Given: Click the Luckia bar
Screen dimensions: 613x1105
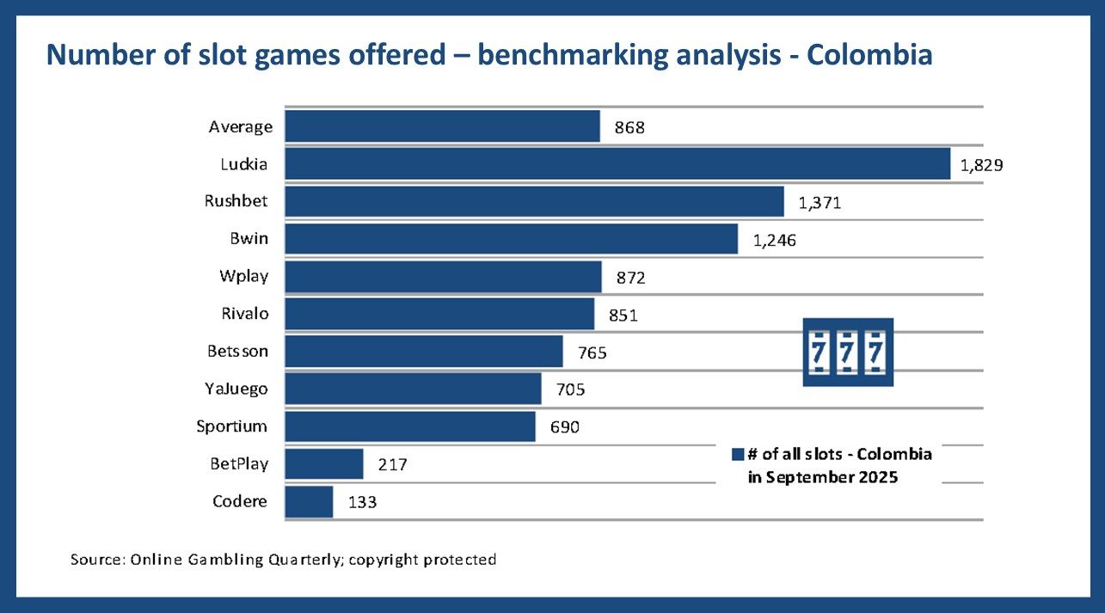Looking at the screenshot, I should (617, 163).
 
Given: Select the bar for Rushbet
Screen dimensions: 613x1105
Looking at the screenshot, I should (534, 201).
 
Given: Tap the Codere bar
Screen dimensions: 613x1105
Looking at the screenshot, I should (309, 501).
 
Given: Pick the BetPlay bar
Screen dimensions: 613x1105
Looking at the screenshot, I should (324, 463).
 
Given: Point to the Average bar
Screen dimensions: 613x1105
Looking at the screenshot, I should (442, 126).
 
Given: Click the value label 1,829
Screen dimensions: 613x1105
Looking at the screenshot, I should (982, 166).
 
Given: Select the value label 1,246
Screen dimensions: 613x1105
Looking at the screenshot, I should (774, 241).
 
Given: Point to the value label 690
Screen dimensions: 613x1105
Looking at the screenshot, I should (564, 427).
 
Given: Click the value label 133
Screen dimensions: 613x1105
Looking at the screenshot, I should (361, 502).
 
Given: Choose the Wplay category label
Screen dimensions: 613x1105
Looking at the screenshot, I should (243, 276).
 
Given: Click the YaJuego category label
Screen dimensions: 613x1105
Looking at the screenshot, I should (236, 389).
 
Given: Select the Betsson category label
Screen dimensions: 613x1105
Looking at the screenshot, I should (237, 351).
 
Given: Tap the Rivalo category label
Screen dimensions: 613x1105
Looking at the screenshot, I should (245, 313).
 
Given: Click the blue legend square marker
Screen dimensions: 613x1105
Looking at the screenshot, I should (737, 454).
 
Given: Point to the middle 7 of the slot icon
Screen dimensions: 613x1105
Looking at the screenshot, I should (848, 352).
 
